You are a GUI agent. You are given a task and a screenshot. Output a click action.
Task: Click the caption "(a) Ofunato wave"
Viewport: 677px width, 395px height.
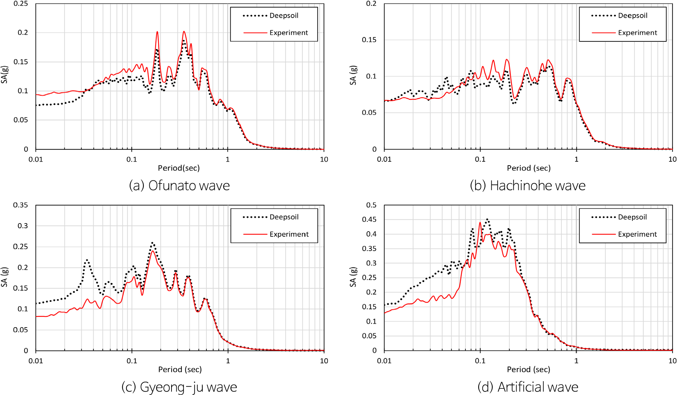(179, 186)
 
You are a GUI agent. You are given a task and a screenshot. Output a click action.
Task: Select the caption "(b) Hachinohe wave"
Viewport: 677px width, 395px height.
(528, 186)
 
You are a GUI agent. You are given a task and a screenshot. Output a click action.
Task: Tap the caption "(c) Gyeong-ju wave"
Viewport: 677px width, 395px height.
(179, 387)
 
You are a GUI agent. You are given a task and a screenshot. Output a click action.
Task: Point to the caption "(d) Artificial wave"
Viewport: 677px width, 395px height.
(528, 387)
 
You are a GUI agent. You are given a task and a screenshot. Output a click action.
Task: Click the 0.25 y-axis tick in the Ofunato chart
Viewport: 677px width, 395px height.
(21, 4)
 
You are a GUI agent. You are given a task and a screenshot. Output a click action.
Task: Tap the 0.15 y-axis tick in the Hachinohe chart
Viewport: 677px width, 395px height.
(369, 40)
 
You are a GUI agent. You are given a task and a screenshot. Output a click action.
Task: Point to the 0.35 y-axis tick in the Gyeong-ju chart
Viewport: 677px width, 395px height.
(21, 205)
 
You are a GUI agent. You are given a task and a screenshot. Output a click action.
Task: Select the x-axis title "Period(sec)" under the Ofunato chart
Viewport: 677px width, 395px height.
(179, 168)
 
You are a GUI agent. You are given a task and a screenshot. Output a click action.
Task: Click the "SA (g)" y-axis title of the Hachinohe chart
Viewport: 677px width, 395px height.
(353, 75)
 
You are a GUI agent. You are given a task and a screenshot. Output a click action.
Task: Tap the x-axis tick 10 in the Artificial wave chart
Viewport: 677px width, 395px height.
(672, 361)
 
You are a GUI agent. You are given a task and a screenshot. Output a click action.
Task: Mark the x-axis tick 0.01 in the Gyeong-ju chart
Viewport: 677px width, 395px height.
(36, 361)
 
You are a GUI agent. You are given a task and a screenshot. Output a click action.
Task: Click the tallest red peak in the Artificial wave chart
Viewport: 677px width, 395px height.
(480, 223)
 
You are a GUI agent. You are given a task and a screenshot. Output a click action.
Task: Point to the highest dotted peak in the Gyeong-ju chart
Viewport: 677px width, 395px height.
(152, 243)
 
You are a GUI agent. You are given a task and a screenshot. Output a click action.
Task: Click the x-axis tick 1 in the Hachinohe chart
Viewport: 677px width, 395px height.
(576, 159)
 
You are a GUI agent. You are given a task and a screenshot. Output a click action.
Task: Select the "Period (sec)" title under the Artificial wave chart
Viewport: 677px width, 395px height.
(528, 369)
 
